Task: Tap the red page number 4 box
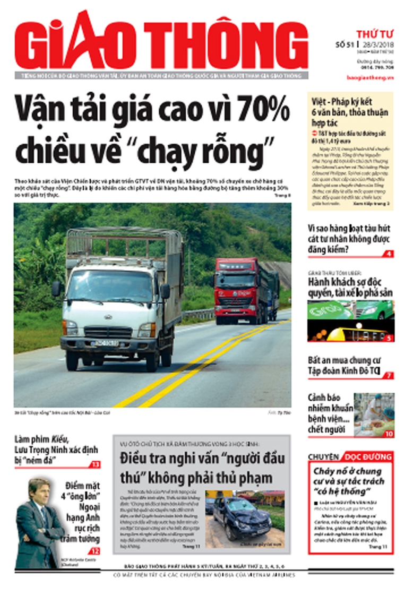(x=389, y=254)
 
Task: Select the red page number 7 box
(x=389, y=376)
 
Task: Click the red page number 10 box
(x=389, y=434)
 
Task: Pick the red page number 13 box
(x=95, y=464)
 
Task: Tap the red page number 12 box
(x=95, y=551)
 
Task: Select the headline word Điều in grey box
(x=135, y=457)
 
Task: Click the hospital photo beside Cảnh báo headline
(x=375, y=414)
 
